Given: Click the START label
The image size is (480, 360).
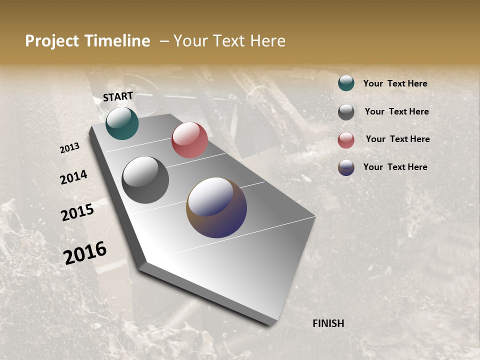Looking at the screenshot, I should tap(118, 96).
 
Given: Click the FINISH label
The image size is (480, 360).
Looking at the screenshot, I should tap(328, 323).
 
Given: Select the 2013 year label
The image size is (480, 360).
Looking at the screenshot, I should tap(69, 148).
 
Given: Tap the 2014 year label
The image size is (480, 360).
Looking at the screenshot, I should tap(74, 177).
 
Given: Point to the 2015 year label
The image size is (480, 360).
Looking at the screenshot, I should tap(77, 212).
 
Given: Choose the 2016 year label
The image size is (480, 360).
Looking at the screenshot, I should tap(85, 252).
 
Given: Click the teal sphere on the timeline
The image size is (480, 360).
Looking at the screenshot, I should tap(122, 123).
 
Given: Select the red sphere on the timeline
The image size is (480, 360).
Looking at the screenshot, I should tap(189, 140).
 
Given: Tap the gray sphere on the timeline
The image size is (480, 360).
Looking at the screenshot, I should tap(145, 180).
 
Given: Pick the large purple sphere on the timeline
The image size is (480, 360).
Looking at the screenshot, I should tap(216, 207).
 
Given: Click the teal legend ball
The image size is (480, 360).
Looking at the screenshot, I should tap(346, 83).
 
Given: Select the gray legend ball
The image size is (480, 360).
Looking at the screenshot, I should tap(346, 112).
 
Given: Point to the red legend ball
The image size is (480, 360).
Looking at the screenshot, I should tap(346, 140).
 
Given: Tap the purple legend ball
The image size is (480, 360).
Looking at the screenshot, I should tap(346, 168).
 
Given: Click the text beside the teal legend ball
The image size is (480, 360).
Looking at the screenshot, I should tap(395, 83).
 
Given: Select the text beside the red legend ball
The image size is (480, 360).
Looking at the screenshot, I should tap(397, 139).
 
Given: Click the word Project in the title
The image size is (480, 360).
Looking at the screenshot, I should tap(52, 41).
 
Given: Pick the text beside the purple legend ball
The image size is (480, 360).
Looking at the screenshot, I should tap(395, 167).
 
